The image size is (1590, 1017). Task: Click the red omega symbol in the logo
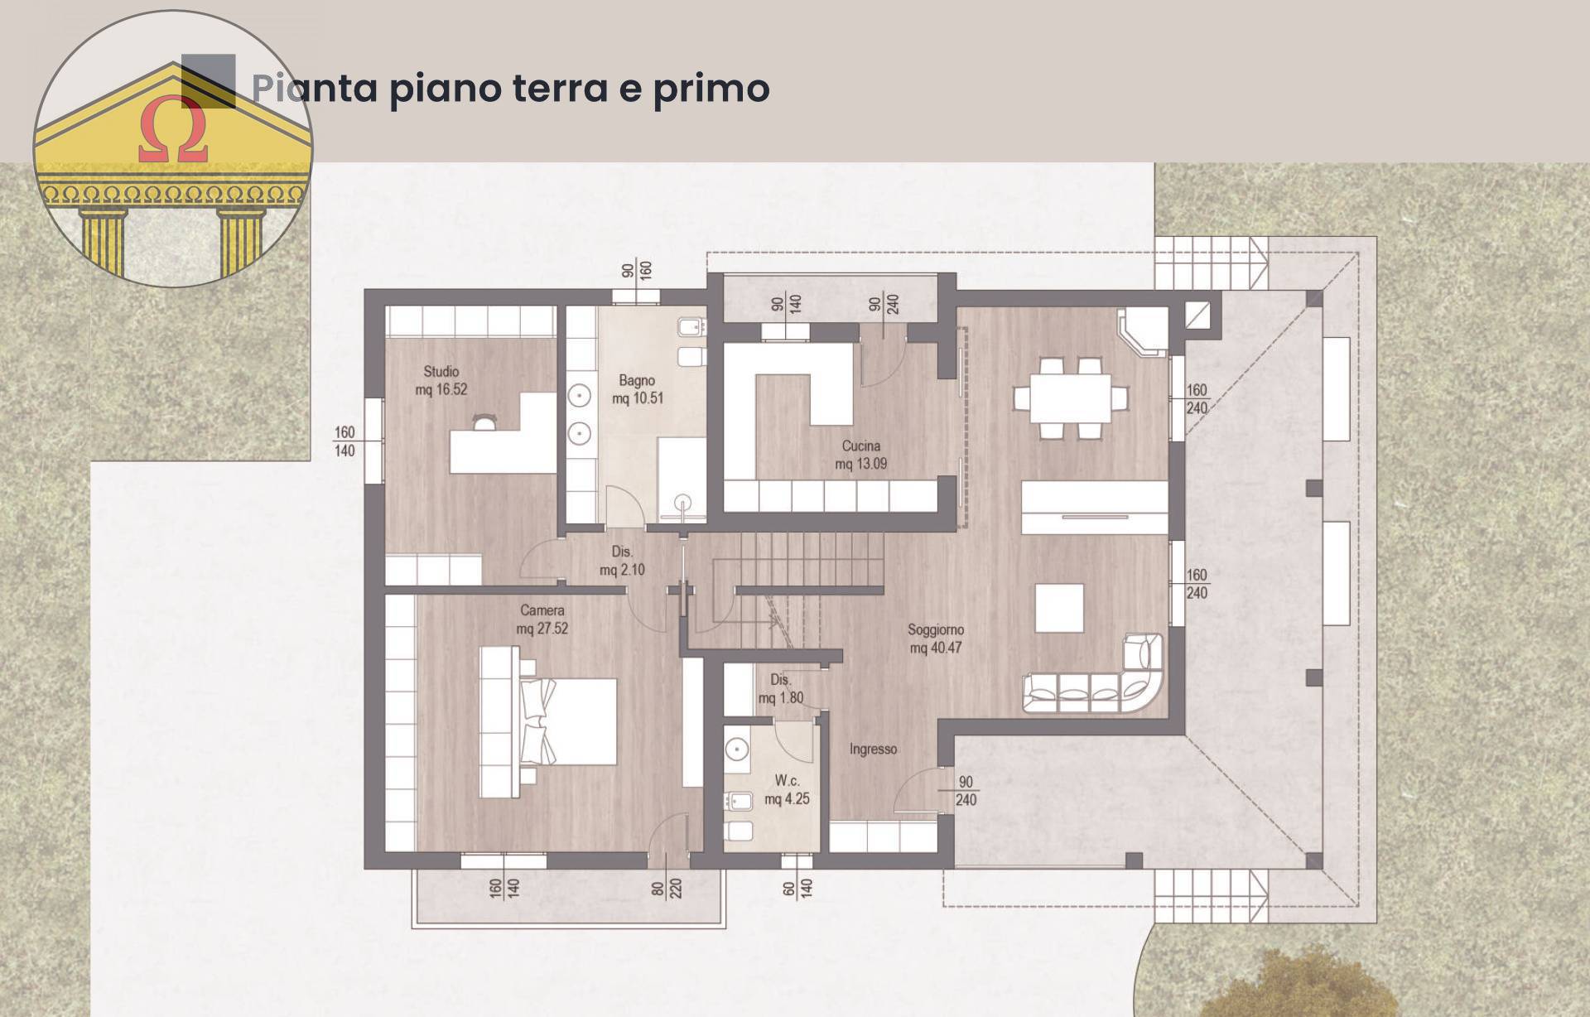tap(173, 130)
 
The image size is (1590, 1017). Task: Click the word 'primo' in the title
tap(711, 89)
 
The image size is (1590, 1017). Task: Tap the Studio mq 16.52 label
tap(441, 381)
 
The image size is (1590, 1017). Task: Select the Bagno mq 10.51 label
tap(637, 389)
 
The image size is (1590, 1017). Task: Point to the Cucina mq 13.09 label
tap(860, 455)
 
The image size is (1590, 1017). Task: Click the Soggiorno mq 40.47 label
tap(935, 639)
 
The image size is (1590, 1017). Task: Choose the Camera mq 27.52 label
tap(542, 619)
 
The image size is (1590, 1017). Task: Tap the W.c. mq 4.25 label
tap(786, 790)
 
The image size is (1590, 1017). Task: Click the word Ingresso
tap(873, 749)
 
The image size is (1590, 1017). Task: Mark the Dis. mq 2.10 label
tap(622, 561)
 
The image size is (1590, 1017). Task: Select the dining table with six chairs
tap(1070, 398)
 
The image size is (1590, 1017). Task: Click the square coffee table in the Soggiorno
tap(1059, 608)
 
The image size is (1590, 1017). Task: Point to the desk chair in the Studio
tap(484, 422)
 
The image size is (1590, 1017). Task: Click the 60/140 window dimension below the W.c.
tap(797, 889)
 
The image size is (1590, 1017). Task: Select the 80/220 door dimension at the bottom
tap(667, 889)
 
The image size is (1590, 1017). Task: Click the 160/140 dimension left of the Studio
tap(344, 441)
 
